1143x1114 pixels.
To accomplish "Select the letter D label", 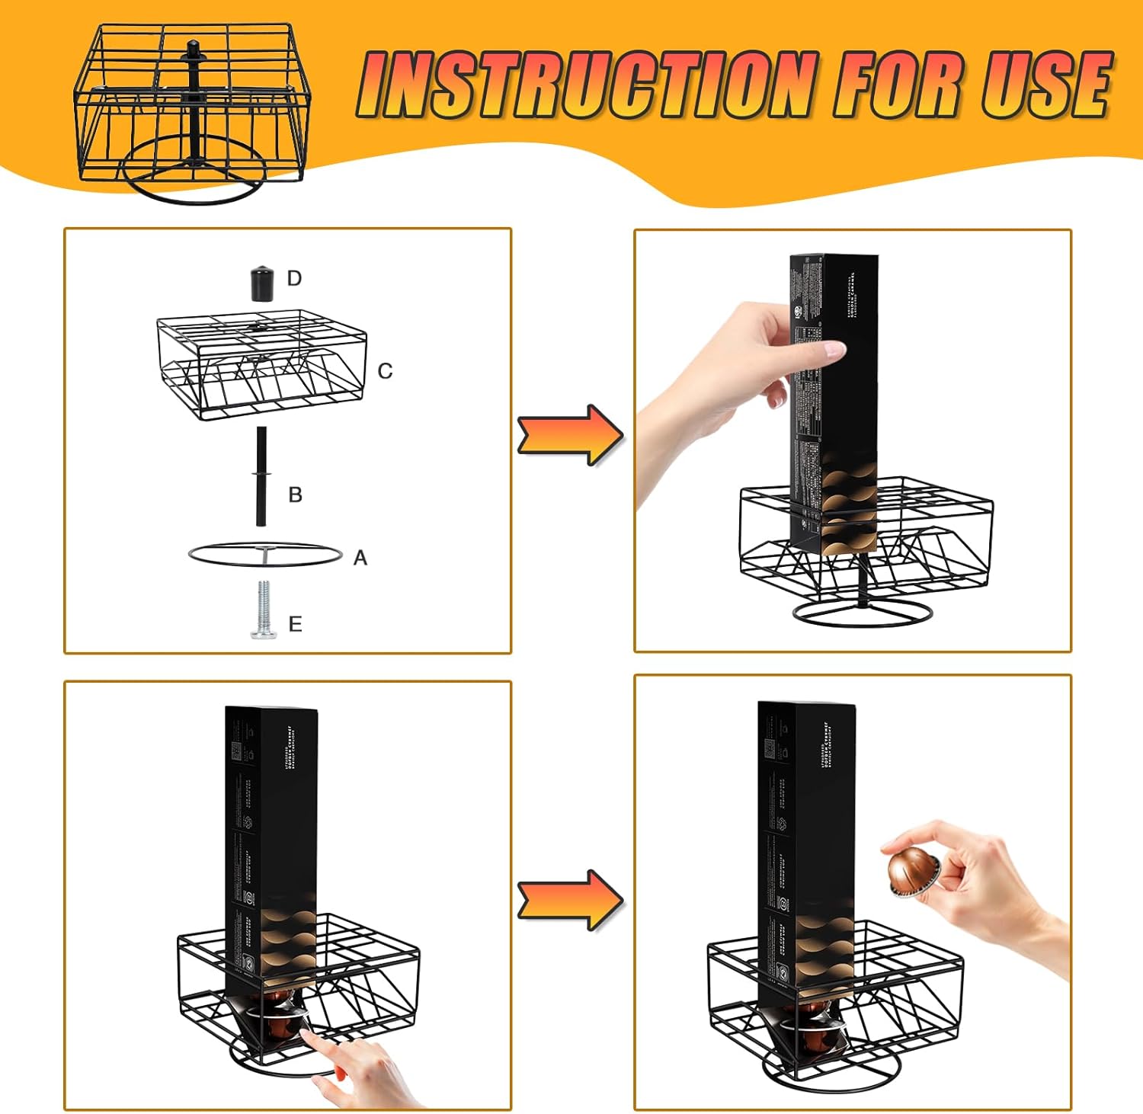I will (x=295, y=279).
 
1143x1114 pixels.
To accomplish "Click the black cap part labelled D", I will (x=261, y=283).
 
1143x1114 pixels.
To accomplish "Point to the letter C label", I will (x=385, y=371).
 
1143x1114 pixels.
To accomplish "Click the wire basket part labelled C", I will (x=261, y=364).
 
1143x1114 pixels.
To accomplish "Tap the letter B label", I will (x=296, y=495).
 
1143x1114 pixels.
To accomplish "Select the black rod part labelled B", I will (x=261, y=476).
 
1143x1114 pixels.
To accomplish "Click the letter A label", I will (x=360, y=559).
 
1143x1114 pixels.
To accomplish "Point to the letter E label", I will (x=296, y=625).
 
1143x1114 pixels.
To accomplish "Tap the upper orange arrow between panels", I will (x=570, y=435).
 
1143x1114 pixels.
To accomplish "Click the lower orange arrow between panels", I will (x=570, y=899).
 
